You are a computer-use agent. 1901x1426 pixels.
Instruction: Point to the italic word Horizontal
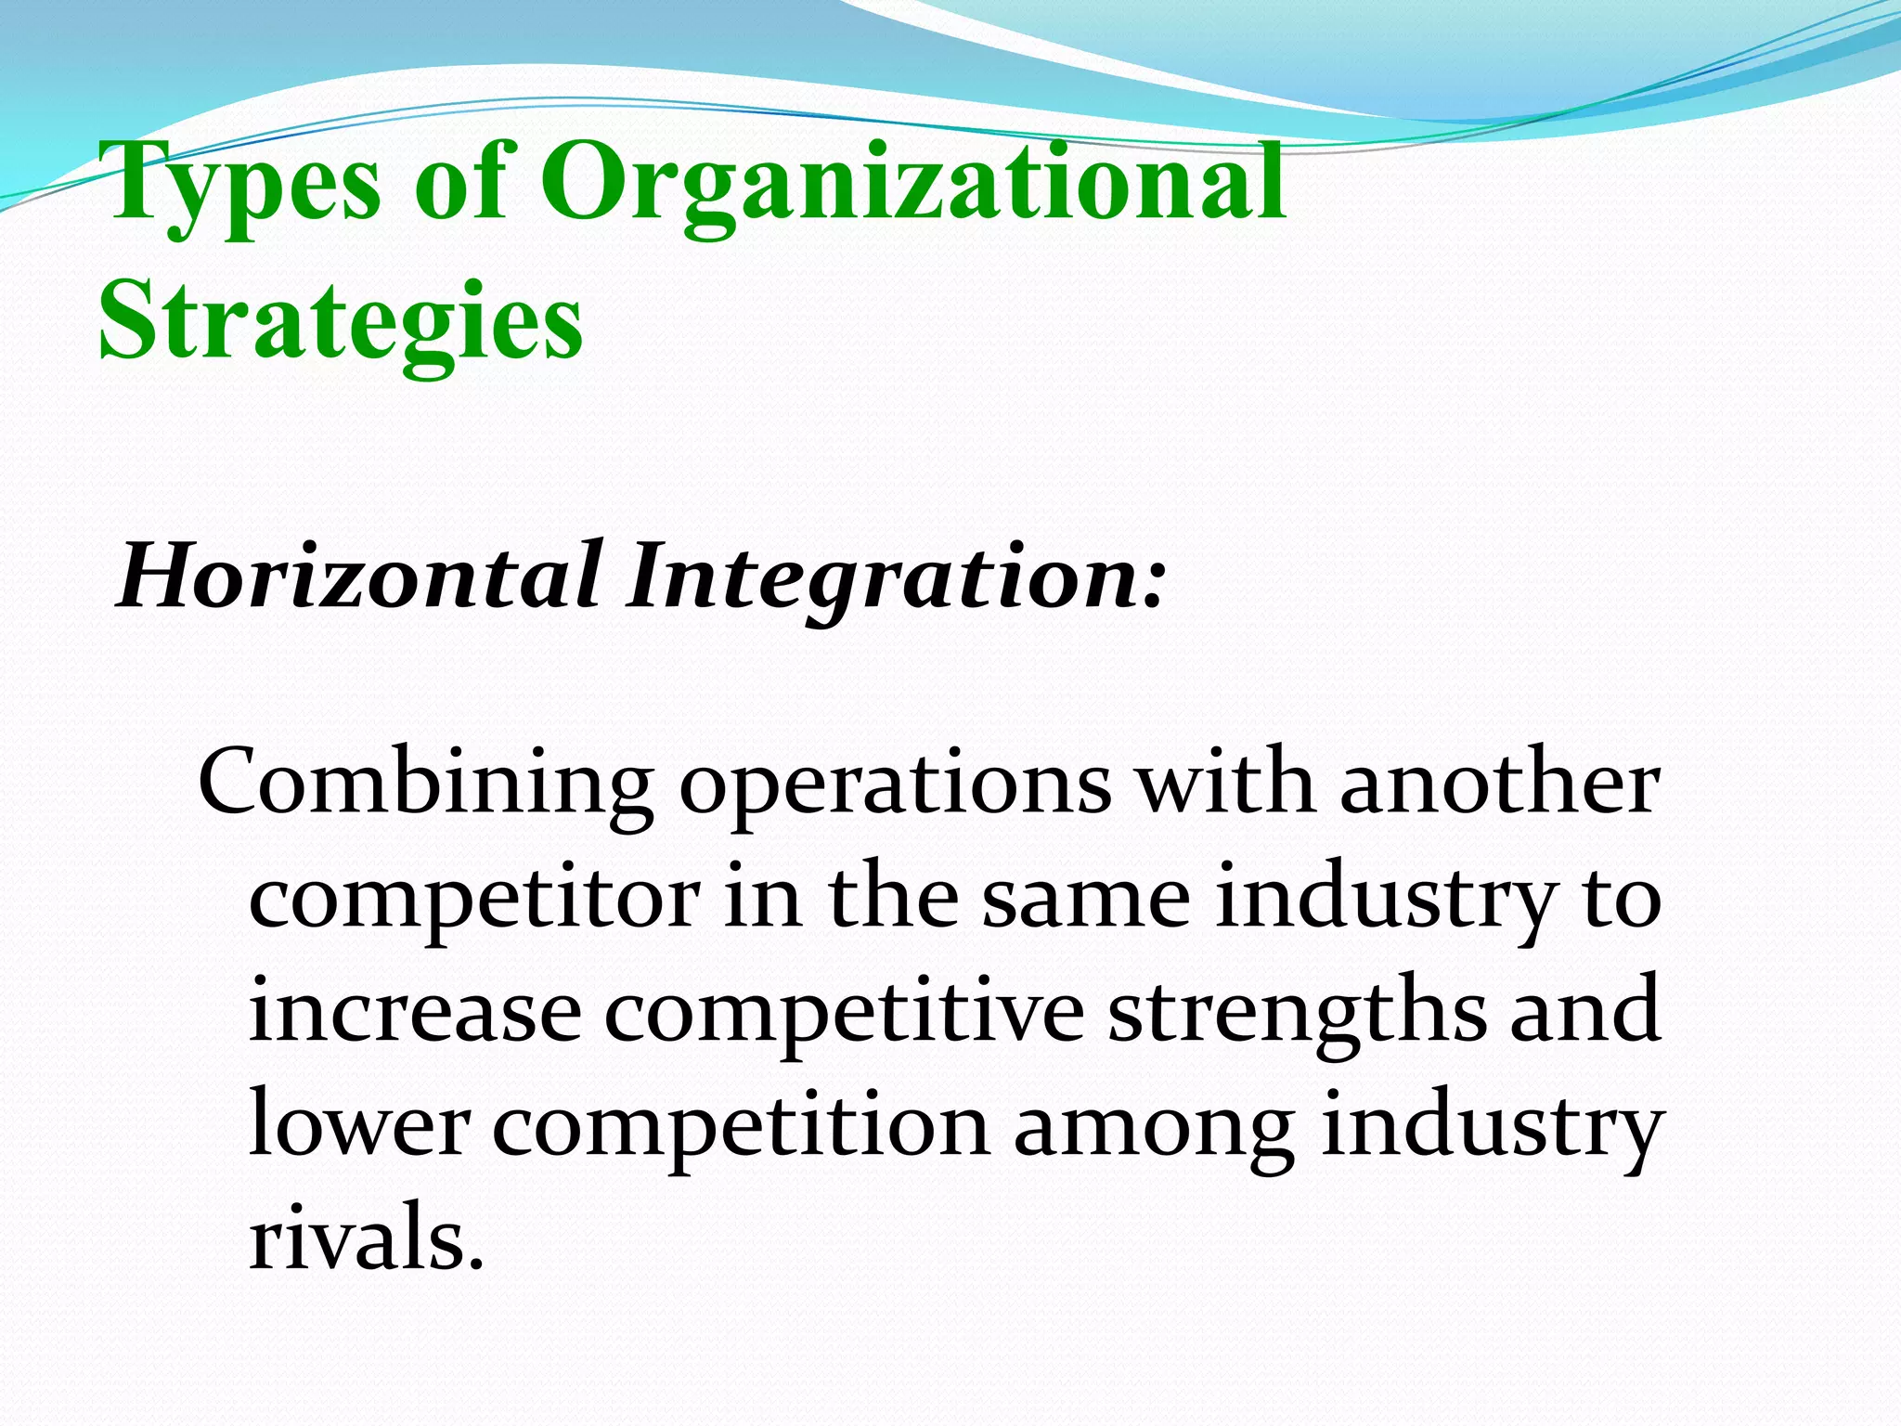(358, 577)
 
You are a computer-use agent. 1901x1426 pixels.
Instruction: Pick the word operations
(895, 787)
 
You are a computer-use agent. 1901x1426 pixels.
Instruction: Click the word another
(1499, 782)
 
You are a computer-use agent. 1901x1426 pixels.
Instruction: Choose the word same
(1086, 899)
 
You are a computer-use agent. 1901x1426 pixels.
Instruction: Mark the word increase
(415, 1012)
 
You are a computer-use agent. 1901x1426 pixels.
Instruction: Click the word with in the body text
(1225, 782)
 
